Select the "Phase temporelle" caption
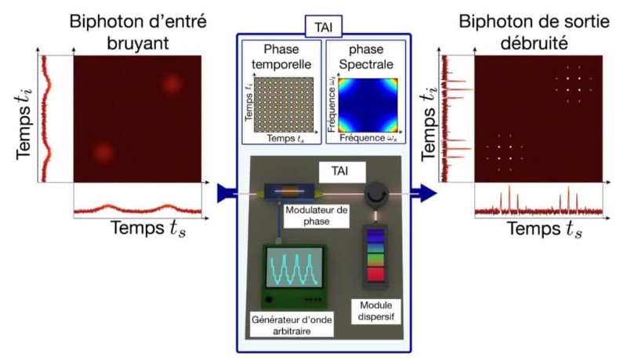coord(281,58)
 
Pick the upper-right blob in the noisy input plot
coord(172,83)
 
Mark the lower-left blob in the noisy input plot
coord(100,151)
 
